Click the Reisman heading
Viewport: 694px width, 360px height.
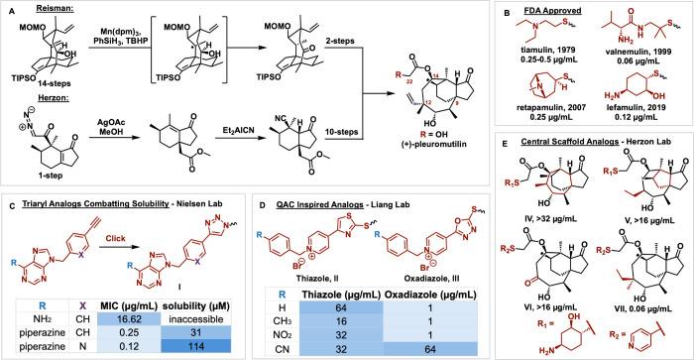pos(44,8)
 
